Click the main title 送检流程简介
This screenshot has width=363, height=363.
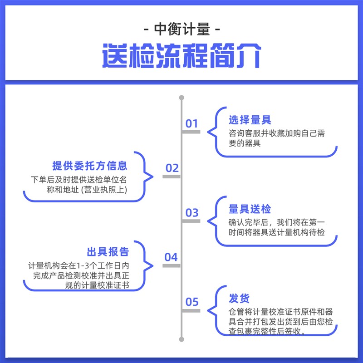coord(181,55)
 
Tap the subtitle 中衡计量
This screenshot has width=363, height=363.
coord(181,30)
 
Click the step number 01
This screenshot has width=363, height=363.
coord(192,123)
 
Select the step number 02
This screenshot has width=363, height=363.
coord(172,168)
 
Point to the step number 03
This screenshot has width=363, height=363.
coord(192,212)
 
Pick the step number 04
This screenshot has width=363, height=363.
coord(171,257)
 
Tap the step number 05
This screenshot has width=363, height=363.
coord(192,302)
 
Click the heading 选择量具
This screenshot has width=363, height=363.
coord(250,120)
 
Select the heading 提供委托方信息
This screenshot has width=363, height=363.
coord(90,166)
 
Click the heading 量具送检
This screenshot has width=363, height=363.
coord(250,209)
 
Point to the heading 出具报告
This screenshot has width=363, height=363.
coord(108,252)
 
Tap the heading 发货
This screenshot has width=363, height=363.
coord(239,299)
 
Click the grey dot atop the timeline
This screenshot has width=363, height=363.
coord(181,98)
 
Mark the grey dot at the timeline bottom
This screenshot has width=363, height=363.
coord(181,338)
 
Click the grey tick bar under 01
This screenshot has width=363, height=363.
coord(191,132)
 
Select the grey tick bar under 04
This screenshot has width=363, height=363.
coord(172,265)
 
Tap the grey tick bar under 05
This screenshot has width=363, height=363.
coord(191,310)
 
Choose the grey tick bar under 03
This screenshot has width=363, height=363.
coord(191,221)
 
